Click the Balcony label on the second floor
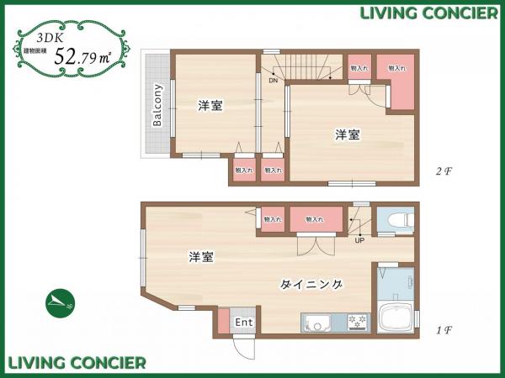tap(157, 105)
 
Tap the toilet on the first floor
tap(396, 220)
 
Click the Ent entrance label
tap(243, 323)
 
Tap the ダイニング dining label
tap(311, 285)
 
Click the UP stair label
tap(359, 241)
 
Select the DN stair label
tap(274, 81)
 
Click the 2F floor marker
tap(444, 171)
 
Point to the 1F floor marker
tap(444, 329)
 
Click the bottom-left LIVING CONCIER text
tap(77, 363)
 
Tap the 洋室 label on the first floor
tap(200, 256)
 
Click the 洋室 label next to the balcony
tap(210, 106)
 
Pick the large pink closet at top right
tap(395, 81)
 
